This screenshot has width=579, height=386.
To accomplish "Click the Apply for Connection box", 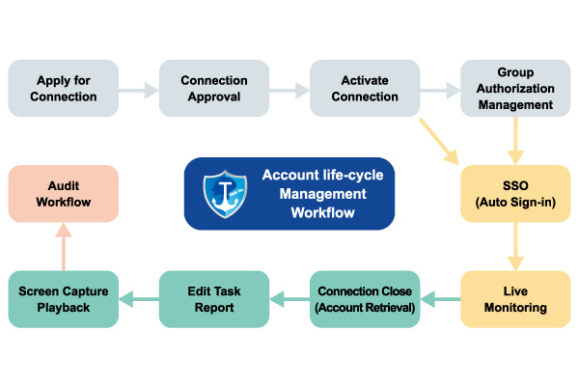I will [64, 89].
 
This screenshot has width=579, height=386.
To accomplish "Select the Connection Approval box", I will [214, 89].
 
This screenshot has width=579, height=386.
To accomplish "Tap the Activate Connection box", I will [365, 89].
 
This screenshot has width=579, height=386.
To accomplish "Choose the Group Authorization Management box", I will [515, 89].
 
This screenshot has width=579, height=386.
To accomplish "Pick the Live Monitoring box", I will [515, 300].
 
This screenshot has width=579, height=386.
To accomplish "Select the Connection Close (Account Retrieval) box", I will [365, 300].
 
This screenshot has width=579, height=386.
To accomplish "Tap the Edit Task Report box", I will [214, 300].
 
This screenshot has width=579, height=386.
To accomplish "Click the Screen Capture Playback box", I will [64, 300].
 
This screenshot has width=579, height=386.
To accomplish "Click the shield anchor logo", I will [225, 194].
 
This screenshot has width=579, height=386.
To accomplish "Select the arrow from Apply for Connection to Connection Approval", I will [139, 90].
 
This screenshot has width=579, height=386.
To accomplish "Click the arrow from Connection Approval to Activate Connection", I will [289, 90].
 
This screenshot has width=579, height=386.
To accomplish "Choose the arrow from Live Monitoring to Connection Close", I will [440, 301].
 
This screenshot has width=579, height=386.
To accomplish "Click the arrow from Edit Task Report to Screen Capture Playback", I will [139, 301].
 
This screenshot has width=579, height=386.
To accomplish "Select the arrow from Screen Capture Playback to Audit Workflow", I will [64, 247].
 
